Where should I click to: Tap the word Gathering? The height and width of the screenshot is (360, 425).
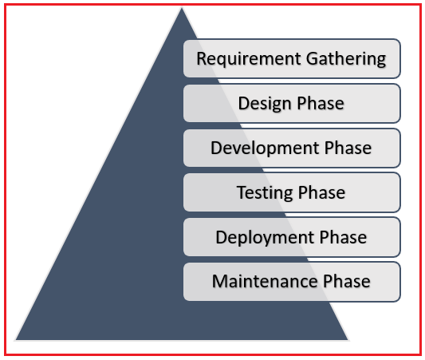[346, 59]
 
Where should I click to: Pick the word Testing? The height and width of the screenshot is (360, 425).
[265, 192]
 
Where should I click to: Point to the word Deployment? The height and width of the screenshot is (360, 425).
[265, 237]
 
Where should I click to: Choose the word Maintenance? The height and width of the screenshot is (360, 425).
[264, 281]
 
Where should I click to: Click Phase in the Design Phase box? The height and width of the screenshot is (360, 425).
[321, 103]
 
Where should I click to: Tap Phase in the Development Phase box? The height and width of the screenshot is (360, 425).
[348, 148]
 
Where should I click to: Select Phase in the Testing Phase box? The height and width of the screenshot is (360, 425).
[321, 192]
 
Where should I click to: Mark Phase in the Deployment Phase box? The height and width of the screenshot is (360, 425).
[343, 237]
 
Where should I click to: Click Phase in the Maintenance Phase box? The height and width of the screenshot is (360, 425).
[347, 281]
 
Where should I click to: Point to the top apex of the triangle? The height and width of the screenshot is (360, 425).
[182, 8]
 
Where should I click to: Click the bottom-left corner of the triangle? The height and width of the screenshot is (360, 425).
[16, 340]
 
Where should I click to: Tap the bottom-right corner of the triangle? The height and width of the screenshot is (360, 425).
[348, 340]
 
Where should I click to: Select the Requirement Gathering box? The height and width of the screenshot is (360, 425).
[292, 59]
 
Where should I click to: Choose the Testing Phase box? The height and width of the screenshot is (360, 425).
[292, 192]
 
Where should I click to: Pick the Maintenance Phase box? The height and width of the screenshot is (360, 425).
[292, 282]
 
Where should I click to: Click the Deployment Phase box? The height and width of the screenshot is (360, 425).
[292, 237]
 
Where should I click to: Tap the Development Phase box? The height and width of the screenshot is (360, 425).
[292, 148]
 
